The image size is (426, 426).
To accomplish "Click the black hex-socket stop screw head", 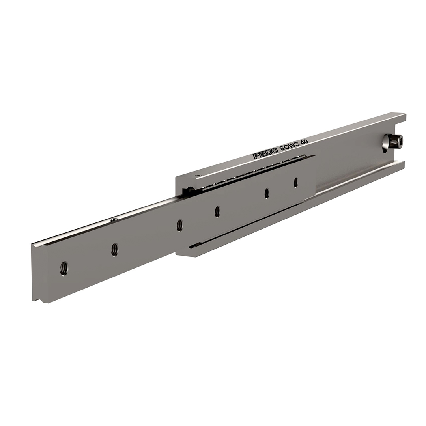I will pyautogui.click(x=396, y=141).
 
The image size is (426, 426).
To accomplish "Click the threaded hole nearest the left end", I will pyautogui.click(x=64, y=268).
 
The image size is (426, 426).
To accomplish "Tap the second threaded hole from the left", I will pyautogui.click(x=114, y=249).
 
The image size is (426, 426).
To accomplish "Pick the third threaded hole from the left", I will pyautogui.click(x=179, y=225).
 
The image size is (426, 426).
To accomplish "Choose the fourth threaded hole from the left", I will pyautogui.click(x=217, y=211).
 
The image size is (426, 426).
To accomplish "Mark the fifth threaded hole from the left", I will pyautogui.click(x=267, y=193).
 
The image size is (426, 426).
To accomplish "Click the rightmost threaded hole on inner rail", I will pyautogui.click(x=295, y=182).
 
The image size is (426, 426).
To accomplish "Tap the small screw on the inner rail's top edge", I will pyautogui.click(x=114, y=219).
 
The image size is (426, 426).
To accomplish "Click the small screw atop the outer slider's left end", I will pyautogui.click(x=198, y=176).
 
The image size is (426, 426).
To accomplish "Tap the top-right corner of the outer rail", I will pyautogui.click(x=404, y=115).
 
